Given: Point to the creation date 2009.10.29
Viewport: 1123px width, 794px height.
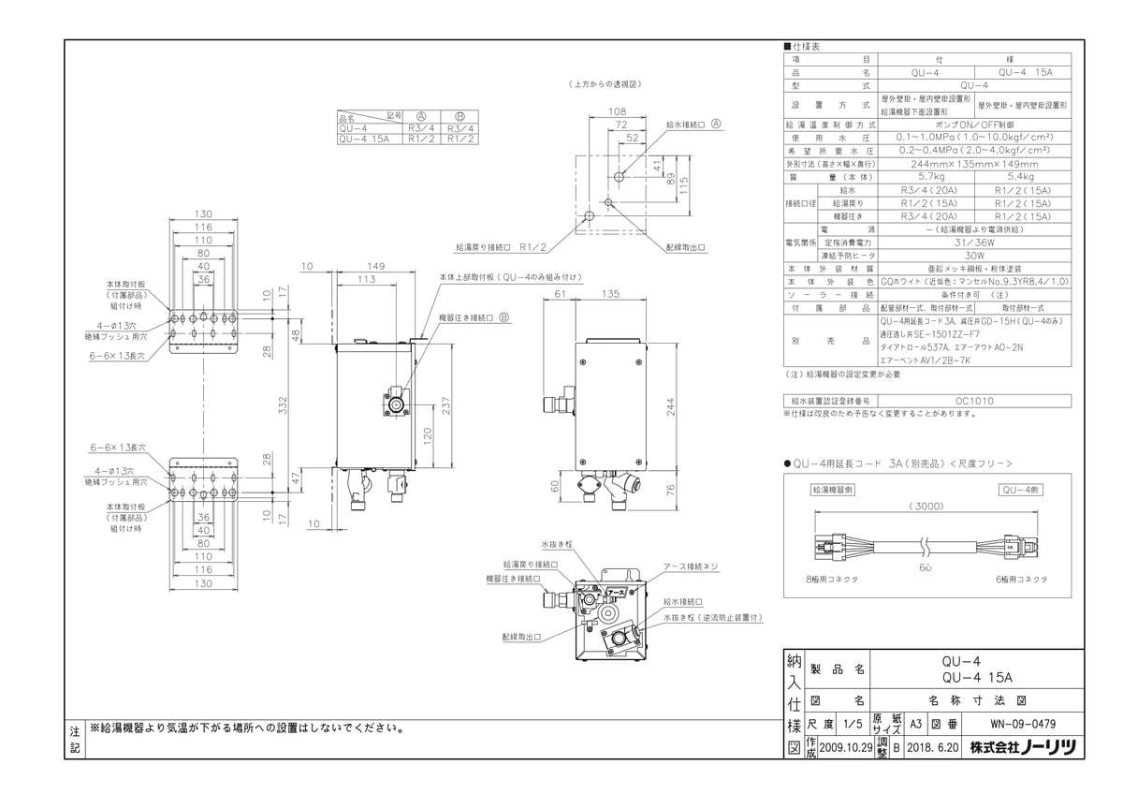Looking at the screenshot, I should [x=845, y=747].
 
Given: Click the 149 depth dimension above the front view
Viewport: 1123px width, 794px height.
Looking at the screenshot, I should [x=376, y=265].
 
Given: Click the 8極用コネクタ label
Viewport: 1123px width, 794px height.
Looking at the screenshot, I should [x=833, y=580].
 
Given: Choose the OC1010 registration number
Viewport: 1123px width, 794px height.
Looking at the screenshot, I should [x=976, y=401].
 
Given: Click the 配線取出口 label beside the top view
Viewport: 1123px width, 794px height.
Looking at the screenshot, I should [x=686, y=247].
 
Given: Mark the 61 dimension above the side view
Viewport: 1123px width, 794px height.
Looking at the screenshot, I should [x=561, y=293].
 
